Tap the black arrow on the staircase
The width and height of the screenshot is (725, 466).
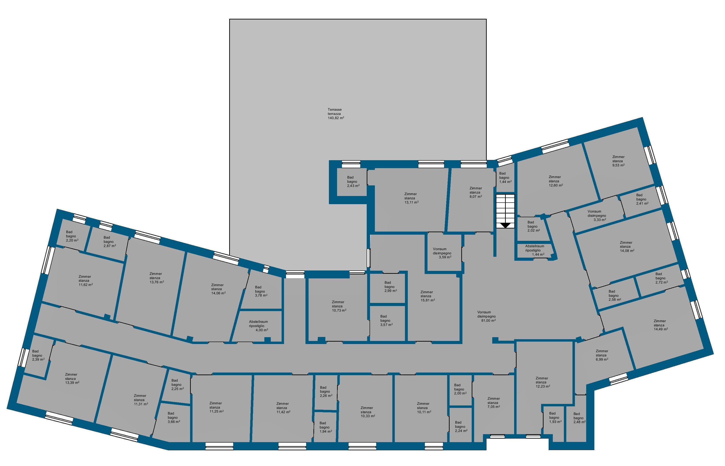coord(505,225)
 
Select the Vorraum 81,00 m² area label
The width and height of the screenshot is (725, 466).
coord(487,316)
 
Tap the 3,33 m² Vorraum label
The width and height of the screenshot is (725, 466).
coord(597,216)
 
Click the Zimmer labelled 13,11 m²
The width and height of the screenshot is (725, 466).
coord(411,198)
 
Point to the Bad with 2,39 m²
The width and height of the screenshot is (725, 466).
coord(38,356)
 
